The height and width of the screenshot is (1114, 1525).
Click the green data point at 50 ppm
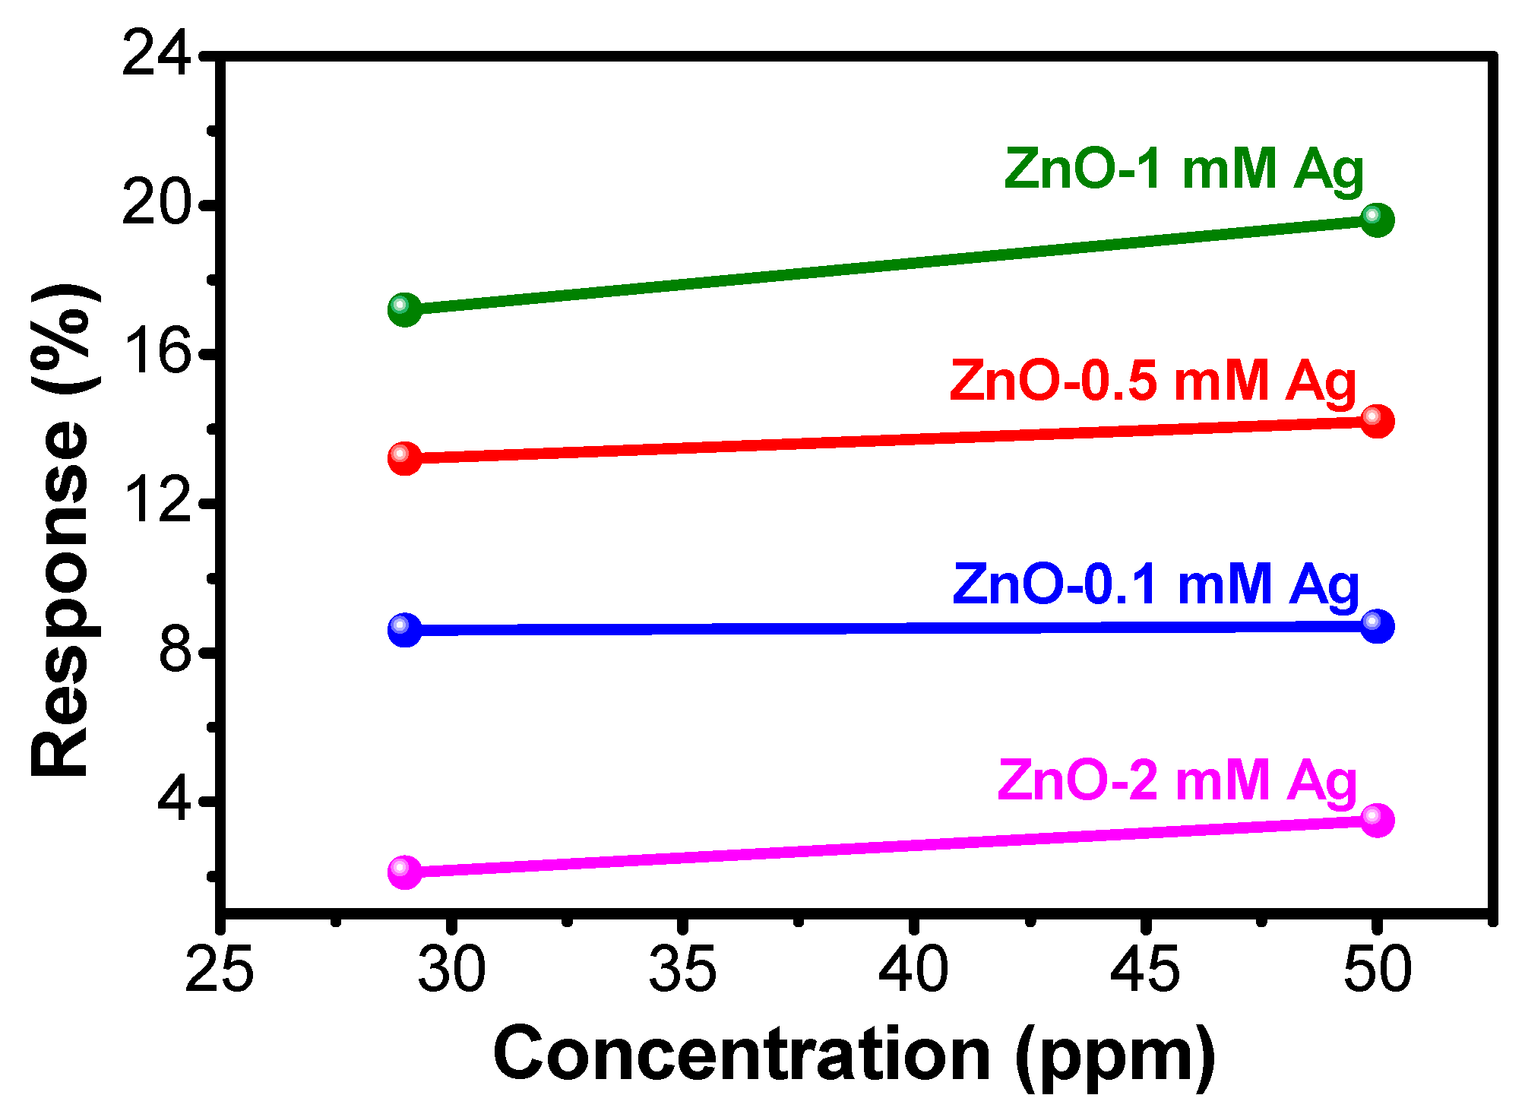point(1377,220)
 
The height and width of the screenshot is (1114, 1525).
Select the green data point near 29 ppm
point(404,309)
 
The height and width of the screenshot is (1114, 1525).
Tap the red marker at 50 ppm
point(1377,420)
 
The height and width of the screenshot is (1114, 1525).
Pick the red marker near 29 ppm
point(404,457)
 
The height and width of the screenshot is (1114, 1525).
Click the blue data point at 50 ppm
point(1377,626)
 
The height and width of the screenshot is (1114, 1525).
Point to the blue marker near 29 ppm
point(404,630)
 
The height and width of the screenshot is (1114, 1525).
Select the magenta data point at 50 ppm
point(1377,820)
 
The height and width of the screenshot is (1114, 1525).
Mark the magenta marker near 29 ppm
point(404,871)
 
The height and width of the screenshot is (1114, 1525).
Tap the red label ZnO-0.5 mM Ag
point(1153,381)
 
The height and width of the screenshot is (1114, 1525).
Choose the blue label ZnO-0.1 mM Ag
point(1155,585)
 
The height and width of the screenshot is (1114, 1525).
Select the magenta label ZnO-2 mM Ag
point(1177,781)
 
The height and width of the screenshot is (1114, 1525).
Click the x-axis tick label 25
point(219,970)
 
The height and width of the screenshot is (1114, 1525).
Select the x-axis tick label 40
point(913,970)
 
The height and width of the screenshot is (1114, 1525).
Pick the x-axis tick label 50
point(1377,970)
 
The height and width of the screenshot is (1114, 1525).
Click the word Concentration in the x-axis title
point(741,1054)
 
